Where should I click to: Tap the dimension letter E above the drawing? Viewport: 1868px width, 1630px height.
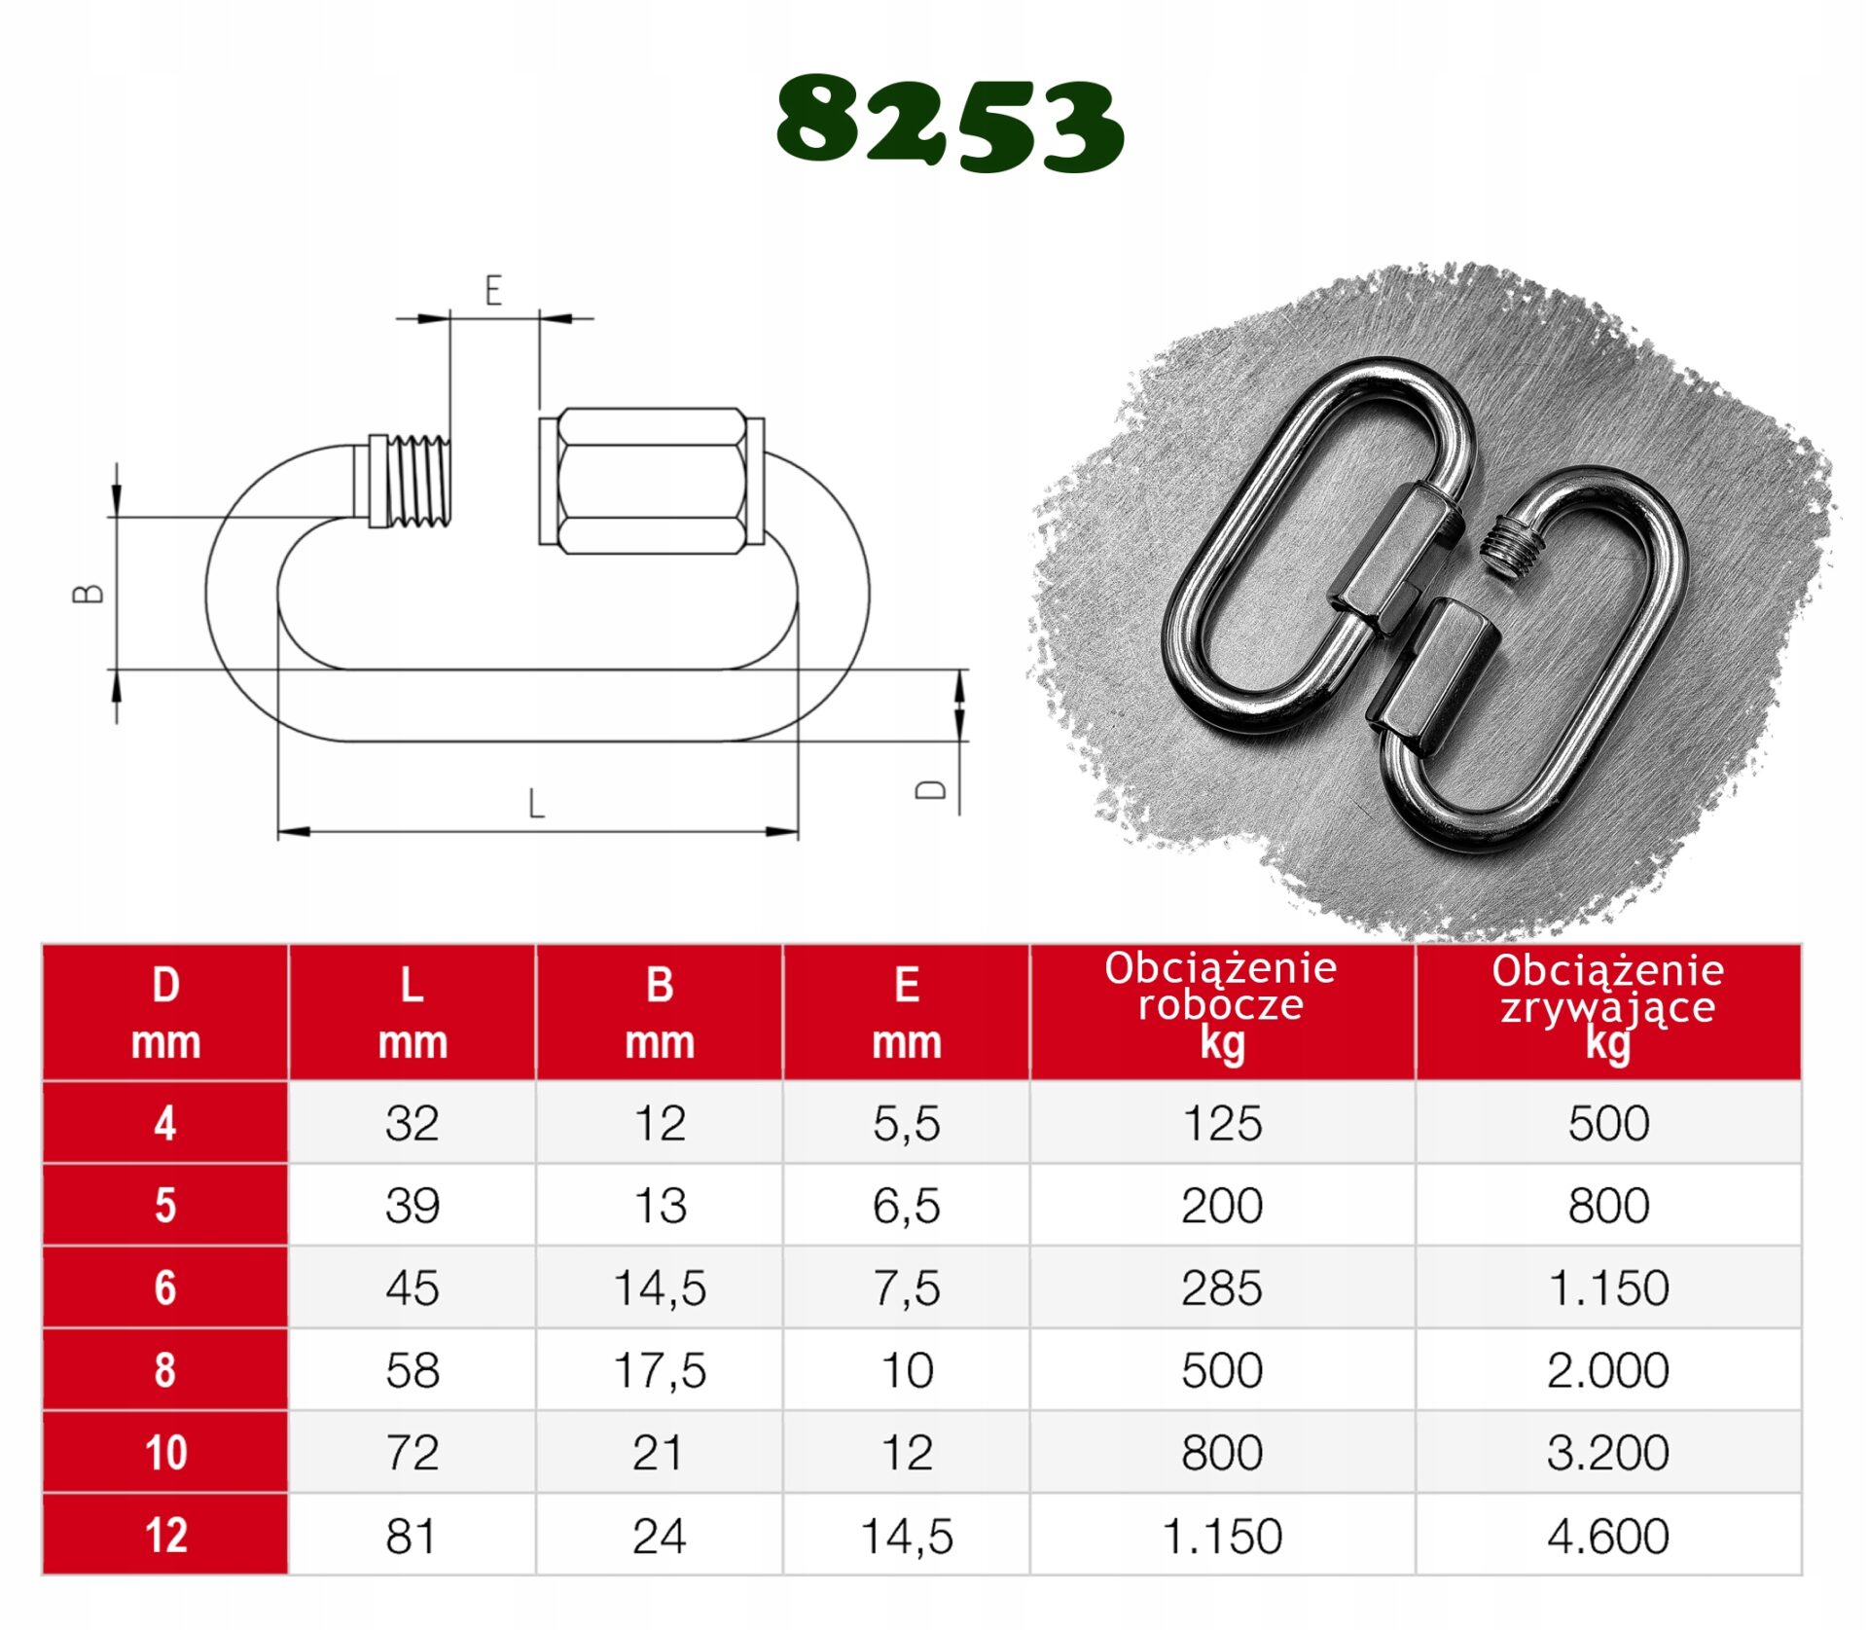pos(493,291)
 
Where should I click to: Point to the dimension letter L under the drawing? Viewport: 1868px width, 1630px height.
pos(536,804)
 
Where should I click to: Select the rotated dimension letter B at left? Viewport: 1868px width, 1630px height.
pos(89,593)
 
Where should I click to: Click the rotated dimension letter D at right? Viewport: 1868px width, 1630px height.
pos(931,789)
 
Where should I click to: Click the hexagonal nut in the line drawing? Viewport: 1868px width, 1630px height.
pos(652,481)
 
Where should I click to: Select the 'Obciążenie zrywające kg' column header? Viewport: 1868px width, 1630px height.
pos(1608,1008)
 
